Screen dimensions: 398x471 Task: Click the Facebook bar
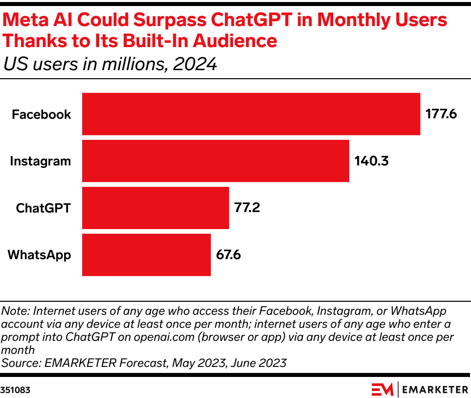click(x=251, y=114)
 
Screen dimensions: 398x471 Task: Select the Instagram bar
click(x=215, y=161)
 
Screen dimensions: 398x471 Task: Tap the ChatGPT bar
click(x=155, y=208)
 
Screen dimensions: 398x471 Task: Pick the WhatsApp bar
click(x=146, y=255)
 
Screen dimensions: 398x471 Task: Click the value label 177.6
click(x=441, y=114)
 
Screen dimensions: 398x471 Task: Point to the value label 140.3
click(x=371, y=161)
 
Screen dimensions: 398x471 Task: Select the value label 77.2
click(x=247, y=208)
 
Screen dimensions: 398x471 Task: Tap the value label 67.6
click(x=228, y=255)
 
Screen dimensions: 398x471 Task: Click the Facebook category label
click(x=42, y=114)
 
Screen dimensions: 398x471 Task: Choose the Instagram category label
click(x=41, y=161)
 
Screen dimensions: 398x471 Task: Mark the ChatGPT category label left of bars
click(x=44, y=208)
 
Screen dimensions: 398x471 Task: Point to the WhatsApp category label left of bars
click(x=40, y=255)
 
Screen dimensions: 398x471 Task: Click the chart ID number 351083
click(x=15, y=389)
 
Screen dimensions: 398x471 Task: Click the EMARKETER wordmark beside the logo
click(x=434, y=389)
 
